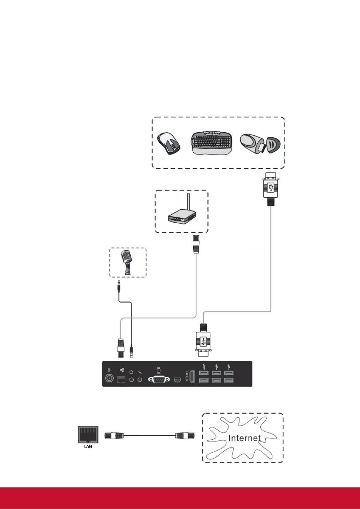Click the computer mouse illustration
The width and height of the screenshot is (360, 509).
(169, 144)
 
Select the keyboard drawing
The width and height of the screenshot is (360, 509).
(212, 143)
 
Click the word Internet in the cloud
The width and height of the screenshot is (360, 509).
(244, 438)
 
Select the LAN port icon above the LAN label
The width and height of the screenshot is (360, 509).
(88, 434)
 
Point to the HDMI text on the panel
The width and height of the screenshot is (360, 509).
(187, 376)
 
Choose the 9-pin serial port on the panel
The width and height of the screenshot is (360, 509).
(159, 379)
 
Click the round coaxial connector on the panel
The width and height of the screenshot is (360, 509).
(109, 378)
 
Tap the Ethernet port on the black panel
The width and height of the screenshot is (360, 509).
(121, 379)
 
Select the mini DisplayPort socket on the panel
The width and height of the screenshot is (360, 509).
(177, 379)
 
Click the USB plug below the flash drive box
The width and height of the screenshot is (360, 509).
(271, 189)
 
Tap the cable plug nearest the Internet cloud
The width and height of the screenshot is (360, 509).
(185, 436)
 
